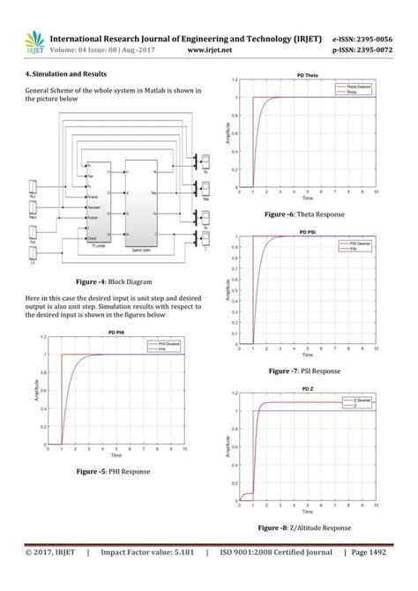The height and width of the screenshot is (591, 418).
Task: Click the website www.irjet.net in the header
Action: pyautogui.click(x=209, y=50)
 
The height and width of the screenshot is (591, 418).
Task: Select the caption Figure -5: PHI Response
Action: pyautogui.click(x=112, y=472)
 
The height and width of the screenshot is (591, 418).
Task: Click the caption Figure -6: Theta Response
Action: pyautogui.click(x=302, y=214)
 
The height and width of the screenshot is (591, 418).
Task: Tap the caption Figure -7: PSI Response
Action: pyautogui.click(x=302, y=370)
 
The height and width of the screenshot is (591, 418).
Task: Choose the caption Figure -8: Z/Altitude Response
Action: pyautogui.click(x=302, y=527)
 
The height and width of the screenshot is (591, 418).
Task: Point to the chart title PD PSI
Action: pyautogui.click(x=307, y=232)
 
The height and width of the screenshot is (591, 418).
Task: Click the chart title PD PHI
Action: pyautogui.click(x=117, y=332)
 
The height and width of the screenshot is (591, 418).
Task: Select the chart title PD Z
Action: pyautogui.click(x=308, y=388)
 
